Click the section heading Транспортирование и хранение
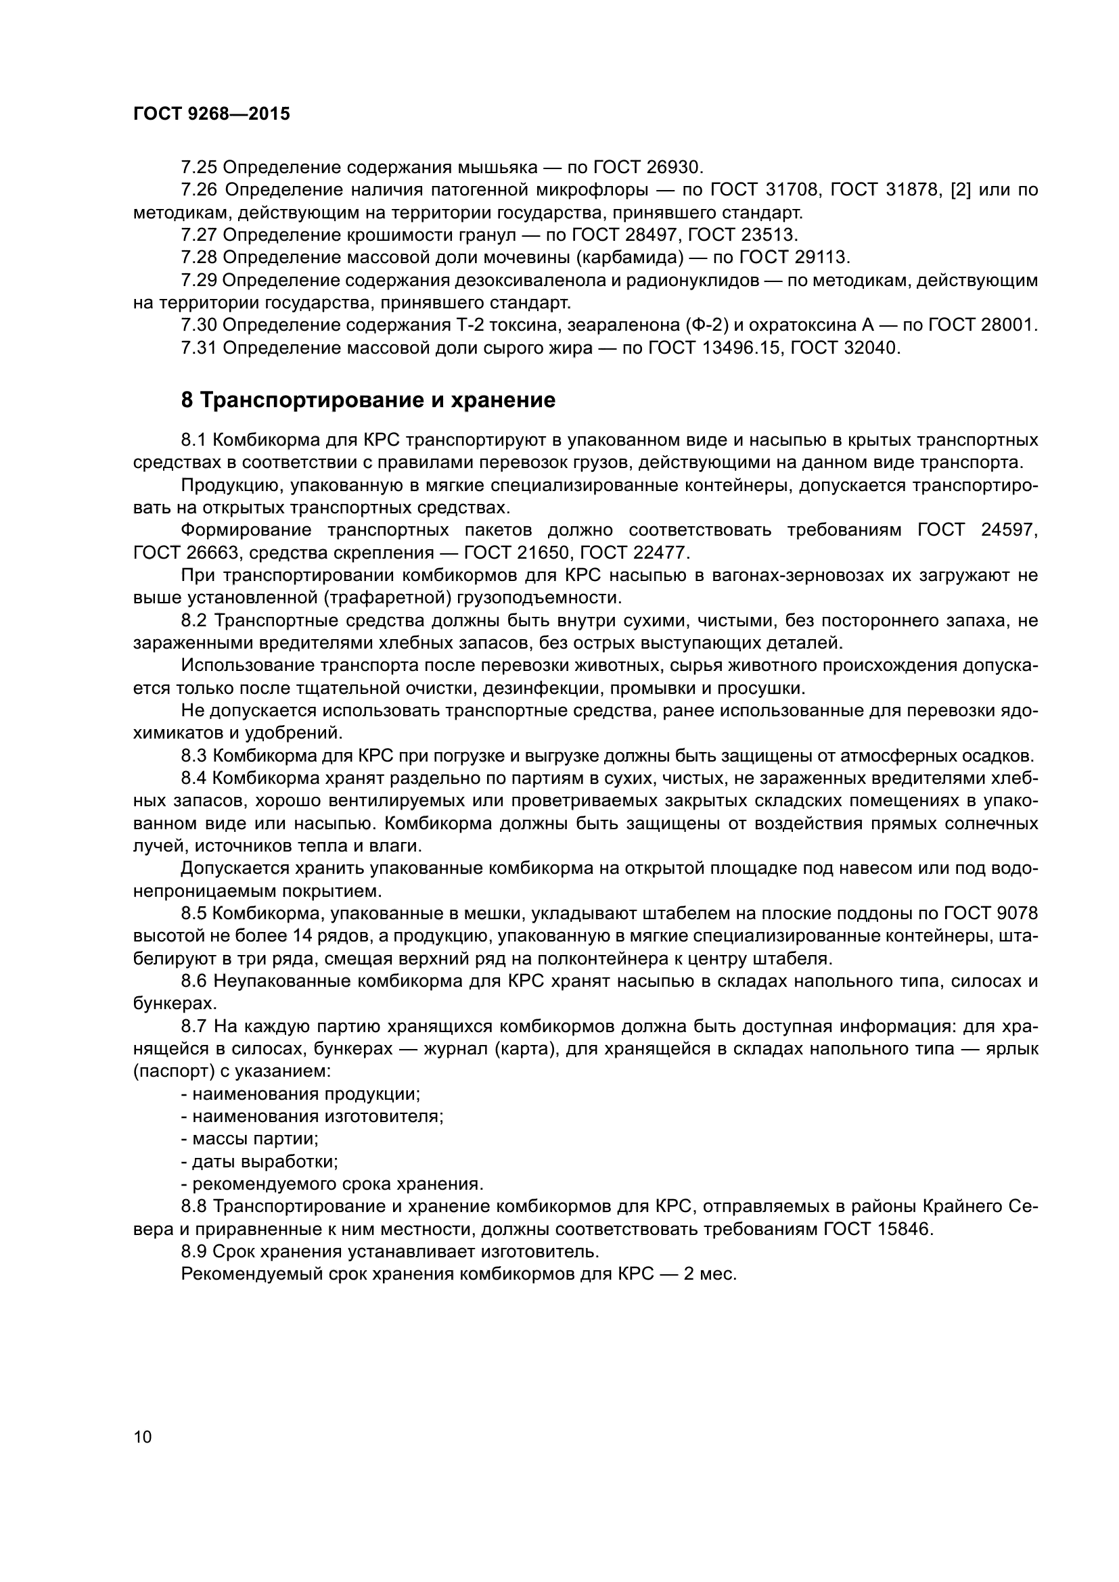click(368, 400)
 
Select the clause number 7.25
click(199, 168)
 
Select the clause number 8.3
click(193, 755)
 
